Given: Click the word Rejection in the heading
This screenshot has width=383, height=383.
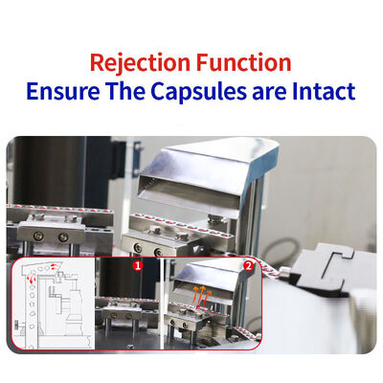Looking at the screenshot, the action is click(x=140, y=63).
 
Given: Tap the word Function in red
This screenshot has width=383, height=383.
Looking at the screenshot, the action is click(x=243, y=62).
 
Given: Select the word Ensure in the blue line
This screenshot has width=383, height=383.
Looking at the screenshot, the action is click(x=63, y=91).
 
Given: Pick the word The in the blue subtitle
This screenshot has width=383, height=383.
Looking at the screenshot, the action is click(x=125, y=91).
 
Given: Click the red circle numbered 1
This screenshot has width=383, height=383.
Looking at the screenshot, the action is click(x=138, y=265).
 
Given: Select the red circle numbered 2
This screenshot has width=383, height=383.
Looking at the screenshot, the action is click(x=248, y=265).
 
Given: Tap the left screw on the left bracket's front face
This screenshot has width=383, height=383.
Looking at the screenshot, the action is click(x=39, y=236).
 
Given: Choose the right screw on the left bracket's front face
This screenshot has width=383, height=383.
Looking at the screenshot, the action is click(x=63, y=237).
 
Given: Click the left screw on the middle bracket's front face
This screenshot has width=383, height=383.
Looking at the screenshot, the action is click(x=138, y=247).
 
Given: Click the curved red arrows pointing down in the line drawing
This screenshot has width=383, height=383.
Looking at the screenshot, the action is click(x=32, y=277).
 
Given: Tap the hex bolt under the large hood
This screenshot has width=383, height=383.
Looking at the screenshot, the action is click(x=214, y=218).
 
